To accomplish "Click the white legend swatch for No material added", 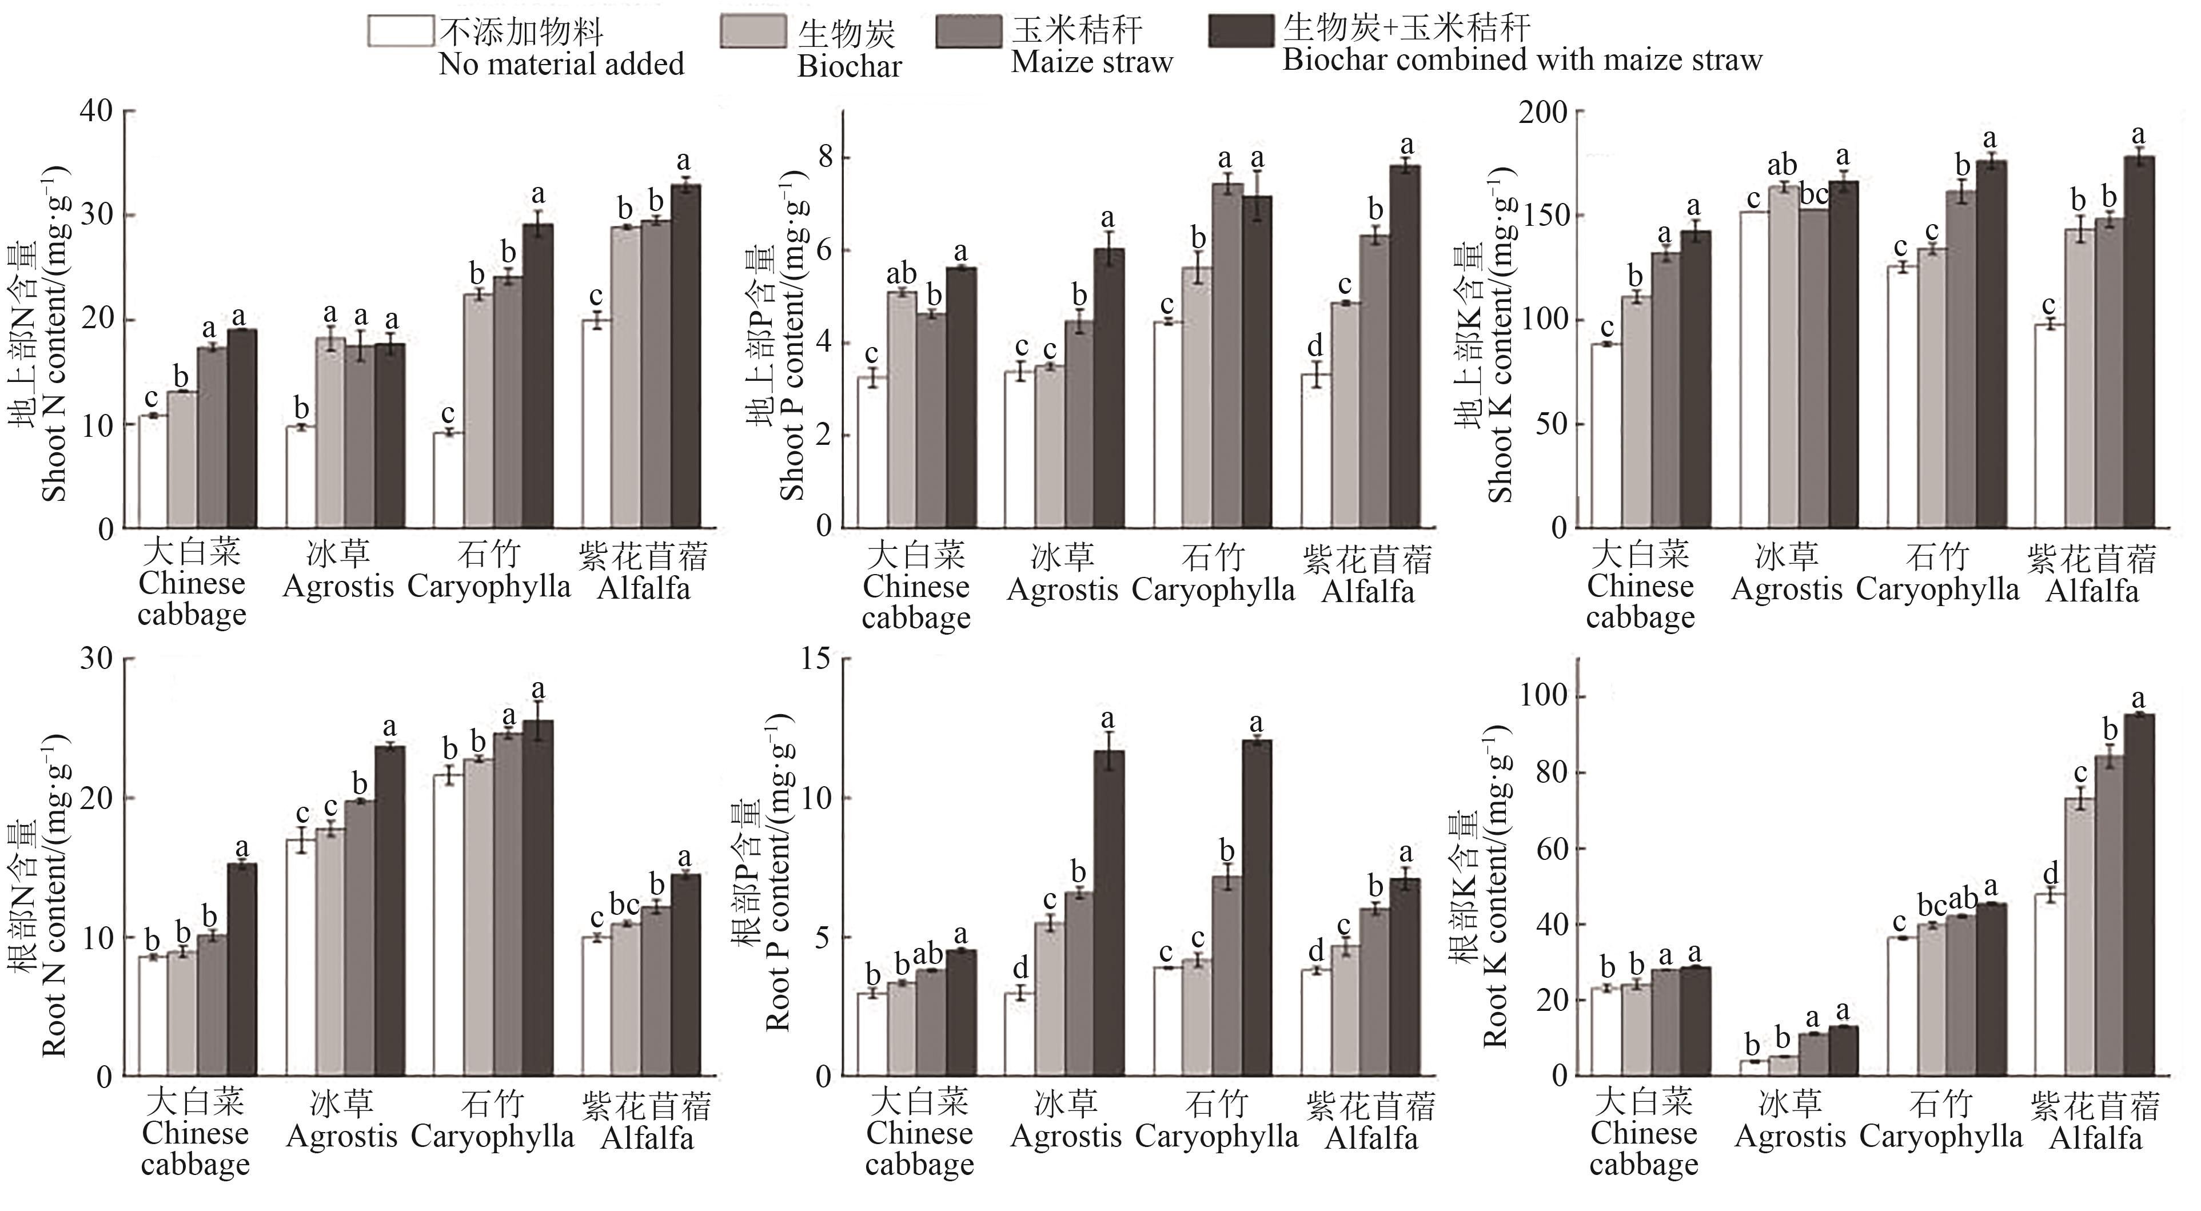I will coord(399,31).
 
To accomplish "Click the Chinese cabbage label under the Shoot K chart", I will coord(1640,586).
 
